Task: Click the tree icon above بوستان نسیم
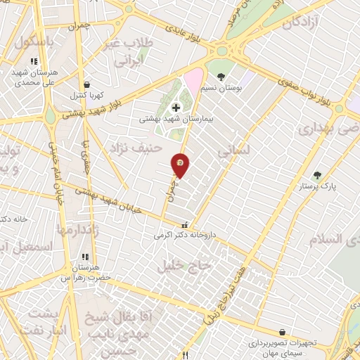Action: (221, 76)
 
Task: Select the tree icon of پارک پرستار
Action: (316, 174)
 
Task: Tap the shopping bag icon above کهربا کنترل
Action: (86, 84)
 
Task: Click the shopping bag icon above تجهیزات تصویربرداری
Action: (282, 331)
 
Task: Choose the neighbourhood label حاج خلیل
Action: (188, 264)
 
